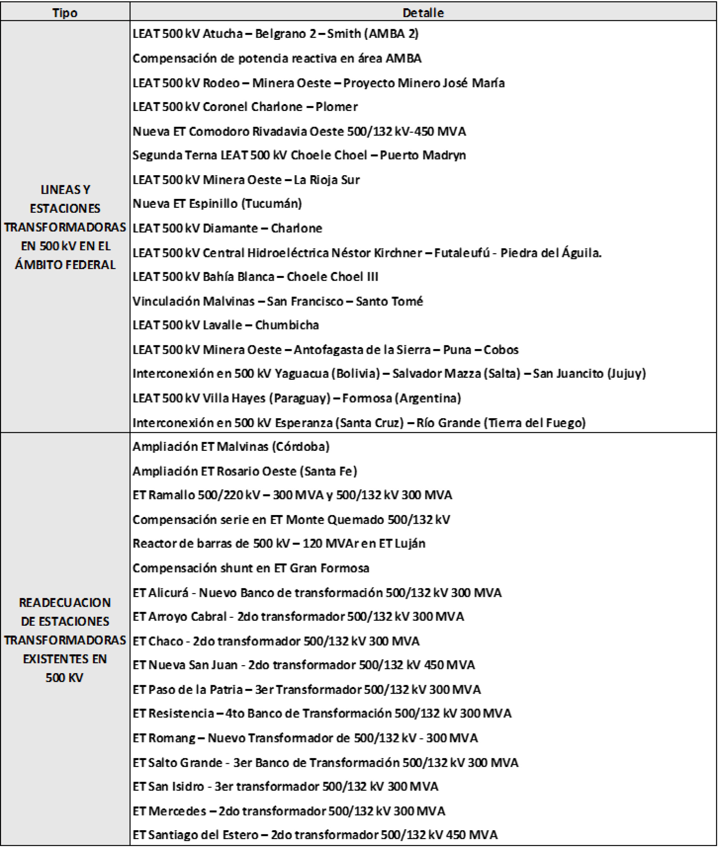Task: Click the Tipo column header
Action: coord(65,13)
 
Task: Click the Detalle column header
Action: coord(423,13)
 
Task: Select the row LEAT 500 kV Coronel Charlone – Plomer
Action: coord(245,107)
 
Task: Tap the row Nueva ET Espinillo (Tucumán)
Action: coord(217,203)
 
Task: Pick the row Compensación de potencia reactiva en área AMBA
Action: coord(277,58)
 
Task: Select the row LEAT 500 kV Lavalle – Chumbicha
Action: coord(226,325)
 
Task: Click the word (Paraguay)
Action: coord(300,398)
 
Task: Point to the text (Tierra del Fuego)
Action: coord(534,423)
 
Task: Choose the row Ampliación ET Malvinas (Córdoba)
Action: coord(231,446)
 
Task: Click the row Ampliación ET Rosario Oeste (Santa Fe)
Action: coord(245,471)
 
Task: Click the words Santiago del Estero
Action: coord(203,835)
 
